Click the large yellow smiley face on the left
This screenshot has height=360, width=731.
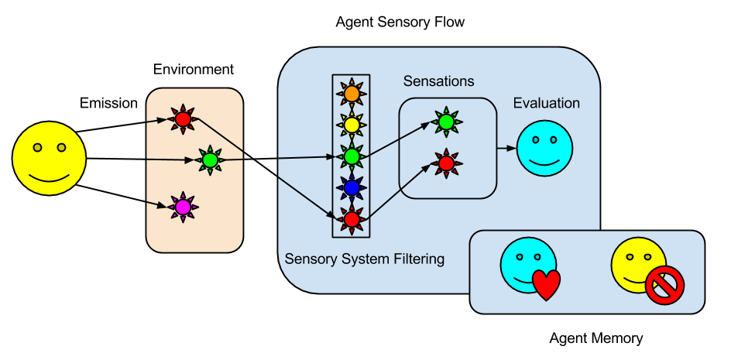[x=49, y=158]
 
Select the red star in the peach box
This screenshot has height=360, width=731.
[x=183, y=119]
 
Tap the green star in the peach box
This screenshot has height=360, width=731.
[x=209, y=160]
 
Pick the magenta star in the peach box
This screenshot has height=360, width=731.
[x=183, y=207]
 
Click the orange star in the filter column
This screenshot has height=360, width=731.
[x=352, y=93]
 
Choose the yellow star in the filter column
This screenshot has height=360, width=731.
[x=352, y=124]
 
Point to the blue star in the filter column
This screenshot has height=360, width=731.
[x=352, y=187]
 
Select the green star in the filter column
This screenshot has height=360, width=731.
[x=352, y=156]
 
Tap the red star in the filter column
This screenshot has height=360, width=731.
[x=352, y=219]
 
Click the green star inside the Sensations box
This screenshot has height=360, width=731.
[x=445, y=122]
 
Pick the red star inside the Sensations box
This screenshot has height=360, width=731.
[x=445, y=163]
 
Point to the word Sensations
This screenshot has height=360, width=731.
[x=438, y=81]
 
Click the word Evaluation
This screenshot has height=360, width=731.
[x=546, y=103]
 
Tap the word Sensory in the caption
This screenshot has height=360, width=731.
[x=309, y=259]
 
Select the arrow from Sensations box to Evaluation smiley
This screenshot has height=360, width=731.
[x=506, y=147]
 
